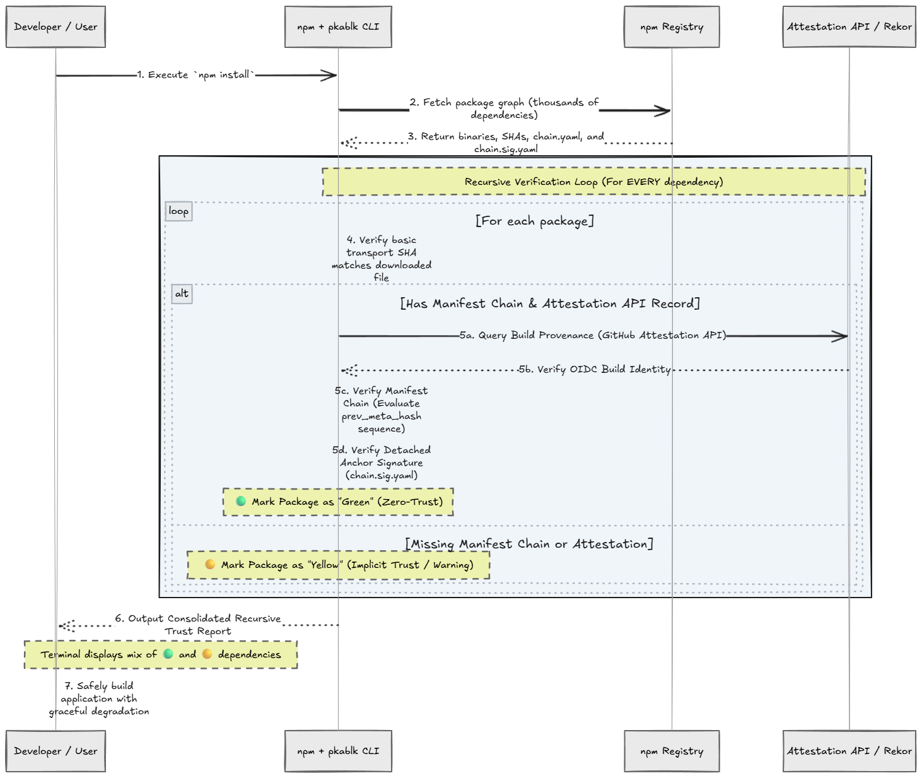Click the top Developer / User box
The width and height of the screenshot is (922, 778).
coord(55,27)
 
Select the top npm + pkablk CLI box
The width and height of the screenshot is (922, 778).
coord(338,27)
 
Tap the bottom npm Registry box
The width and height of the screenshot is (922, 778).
coord(672,751)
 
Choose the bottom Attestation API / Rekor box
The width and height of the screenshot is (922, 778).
coord(849,751)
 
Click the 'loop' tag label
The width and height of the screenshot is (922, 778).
coord(179,211)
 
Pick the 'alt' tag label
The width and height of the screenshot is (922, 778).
coord(182,294)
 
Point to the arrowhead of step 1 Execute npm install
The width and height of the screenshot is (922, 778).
coord(336,76)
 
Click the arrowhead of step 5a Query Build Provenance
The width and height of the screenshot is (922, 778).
coord(846,336)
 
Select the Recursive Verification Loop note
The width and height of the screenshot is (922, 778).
coord(593,182)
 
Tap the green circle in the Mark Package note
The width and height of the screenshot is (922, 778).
coord(241,501)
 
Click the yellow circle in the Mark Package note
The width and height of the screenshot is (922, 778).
coord(210,564)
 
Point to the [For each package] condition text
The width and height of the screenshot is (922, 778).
coord(535,220)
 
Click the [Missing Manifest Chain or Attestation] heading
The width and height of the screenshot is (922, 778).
coord(529,544)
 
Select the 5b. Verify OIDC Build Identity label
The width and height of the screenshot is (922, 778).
coord(594,369)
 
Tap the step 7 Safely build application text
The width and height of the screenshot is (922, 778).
coord(99,698)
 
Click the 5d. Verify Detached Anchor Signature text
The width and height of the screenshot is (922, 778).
coord(382,463)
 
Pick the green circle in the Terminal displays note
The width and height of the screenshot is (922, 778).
coord(168,654)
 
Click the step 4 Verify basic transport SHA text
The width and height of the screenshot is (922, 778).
coord(382,259)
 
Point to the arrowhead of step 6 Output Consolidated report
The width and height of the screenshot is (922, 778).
coord(61,625)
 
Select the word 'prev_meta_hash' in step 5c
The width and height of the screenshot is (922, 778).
coord(382,416)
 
